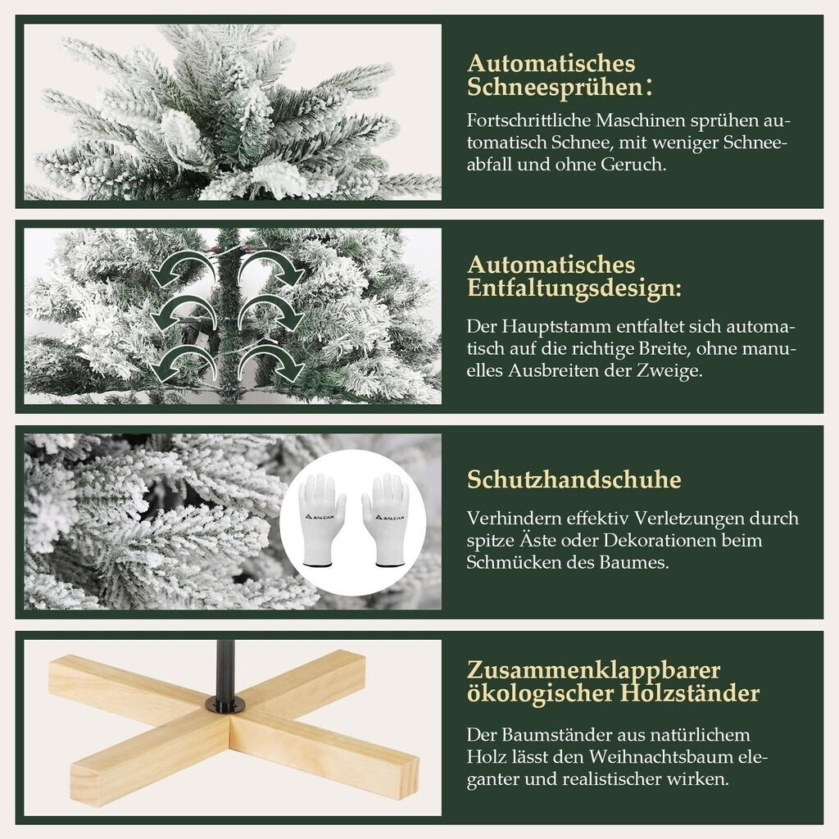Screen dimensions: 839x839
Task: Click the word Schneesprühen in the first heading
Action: point(555,87)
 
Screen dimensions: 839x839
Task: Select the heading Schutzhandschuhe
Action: point(574,479)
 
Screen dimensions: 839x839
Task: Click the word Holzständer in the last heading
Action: point(690,693)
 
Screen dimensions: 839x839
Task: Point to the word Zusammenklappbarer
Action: point(593,670)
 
